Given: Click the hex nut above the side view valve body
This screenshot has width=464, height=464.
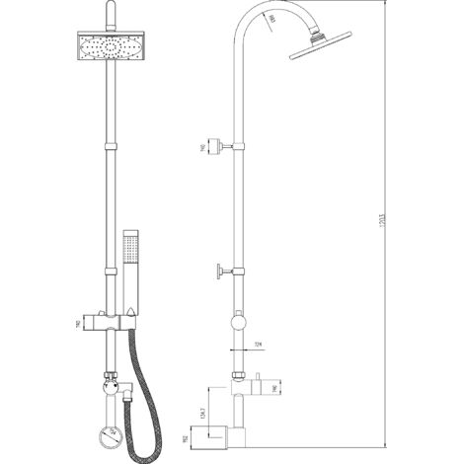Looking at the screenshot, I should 238,376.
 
